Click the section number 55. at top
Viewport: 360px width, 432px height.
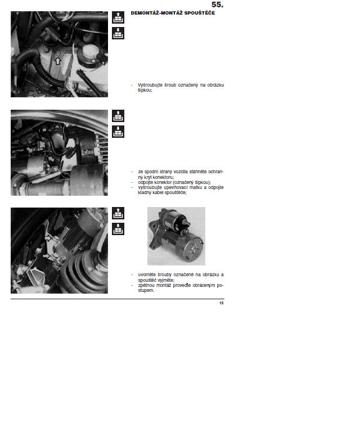[x=217, y=4]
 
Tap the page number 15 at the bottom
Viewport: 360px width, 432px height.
[x=222, y=303]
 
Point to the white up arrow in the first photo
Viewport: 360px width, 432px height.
[x=57, y=61]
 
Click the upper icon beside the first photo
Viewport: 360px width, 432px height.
[x=118, y=17]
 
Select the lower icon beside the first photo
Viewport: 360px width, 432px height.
[x=118, y=33]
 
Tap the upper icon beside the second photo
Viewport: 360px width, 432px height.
[x=118, y=116]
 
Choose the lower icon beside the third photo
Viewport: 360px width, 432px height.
[x=118, y=229]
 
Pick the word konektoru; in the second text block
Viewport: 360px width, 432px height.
[x=163, y=177]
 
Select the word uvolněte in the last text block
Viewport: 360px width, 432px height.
[x=147, y=274]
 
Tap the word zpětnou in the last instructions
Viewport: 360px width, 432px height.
[x=146, y=285]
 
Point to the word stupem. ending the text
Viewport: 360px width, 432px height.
[x=146, y=290]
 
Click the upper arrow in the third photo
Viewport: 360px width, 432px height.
[x=48, y=237]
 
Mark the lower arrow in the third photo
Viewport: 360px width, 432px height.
[x=46, y=256]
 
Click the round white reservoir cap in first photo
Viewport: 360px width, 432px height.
[x=89, y=52]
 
